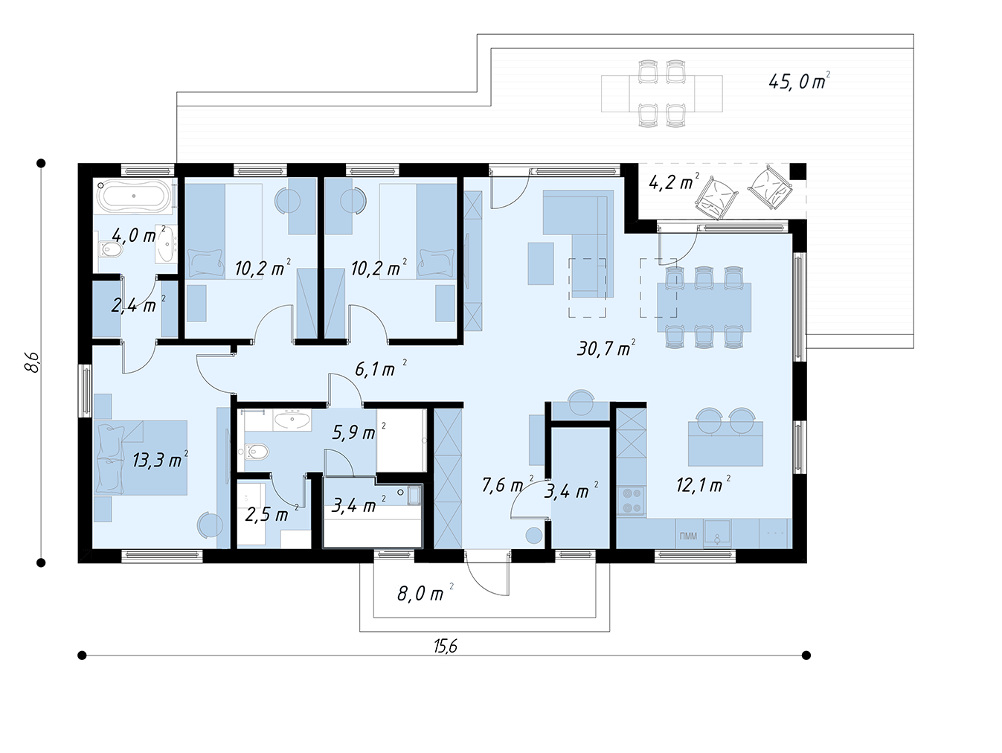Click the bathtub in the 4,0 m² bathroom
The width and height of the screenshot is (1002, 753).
pos(134,196)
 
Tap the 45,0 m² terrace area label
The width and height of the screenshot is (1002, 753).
pos(799,81)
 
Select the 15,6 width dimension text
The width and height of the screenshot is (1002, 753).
pos(445,647)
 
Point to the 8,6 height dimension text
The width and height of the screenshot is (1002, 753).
pos(33,362)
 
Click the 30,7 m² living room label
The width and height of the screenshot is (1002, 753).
pos(606,348)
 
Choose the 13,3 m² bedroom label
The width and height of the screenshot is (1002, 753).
pos(160,460)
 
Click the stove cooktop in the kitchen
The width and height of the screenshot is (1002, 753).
pos(631,501)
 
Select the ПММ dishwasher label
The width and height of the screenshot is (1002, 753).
pos(688,536)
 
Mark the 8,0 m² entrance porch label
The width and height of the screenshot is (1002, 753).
pos(425,594)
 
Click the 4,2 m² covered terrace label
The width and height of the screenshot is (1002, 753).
pos(674,182)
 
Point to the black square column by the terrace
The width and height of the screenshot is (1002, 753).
pos(798,171)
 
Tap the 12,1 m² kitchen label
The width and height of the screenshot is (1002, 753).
pos(703,485)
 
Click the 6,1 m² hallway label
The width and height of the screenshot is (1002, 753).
pos(380,368)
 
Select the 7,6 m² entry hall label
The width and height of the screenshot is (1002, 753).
pos(507,484)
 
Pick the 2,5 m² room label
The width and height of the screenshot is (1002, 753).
pos(272,514)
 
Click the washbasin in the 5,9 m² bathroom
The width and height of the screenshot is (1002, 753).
pos(292,420)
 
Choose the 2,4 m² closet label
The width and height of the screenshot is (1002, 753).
pos(138,305)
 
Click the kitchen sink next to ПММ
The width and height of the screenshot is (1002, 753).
pos(717,533)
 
